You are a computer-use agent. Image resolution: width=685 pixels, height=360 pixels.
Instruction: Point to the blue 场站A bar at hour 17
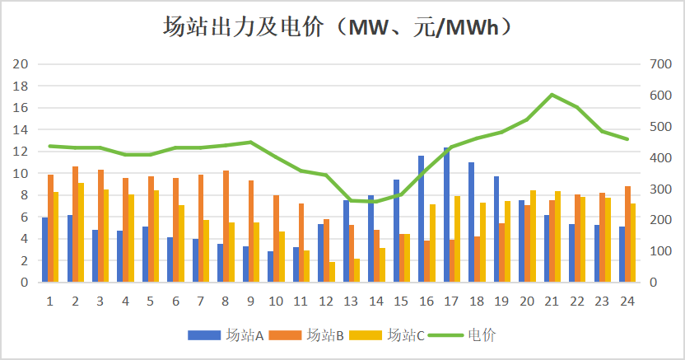pos(446,215)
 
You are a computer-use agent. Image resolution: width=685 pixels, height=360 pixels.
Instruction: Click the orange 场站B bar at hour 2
pos(75,224)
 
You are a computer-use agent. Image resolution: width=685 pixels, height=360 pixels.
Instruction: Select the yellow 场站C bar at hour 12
pos(332,273)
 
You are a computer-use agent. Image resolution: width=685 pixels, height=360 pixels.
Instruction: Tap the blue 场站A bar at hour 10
pos(270,267)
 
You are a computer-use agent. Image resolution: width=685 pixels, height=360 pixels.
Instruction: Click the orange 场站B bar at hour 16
pos(428,262)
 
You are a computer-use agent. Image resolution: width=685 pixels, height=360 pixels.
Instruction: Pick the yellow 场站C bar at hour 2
pos(81,232)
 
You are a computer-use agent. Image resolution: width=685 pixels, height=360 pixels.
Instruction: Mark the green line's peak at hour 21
pos(552,95)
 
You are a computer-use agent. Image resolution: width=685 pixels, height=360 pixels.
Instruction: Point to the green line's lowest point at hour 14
pos(377,202)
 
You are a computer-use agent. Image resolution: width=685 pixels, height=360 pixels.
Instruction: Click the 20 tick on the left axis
pos(22,64)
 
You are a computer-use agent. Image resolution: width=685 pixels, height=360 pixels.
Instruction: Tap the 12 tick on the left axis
pos(22,152)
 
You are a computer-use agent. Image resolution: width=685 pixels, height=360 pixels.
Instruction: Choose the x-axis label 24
pos(627,302)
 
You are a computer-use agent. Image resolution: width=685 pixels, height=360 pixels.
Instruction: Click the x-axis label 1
pos(50,302)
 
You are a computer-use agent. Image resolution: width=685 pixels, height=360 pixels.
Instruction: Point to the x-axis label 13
pos(352,302)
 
